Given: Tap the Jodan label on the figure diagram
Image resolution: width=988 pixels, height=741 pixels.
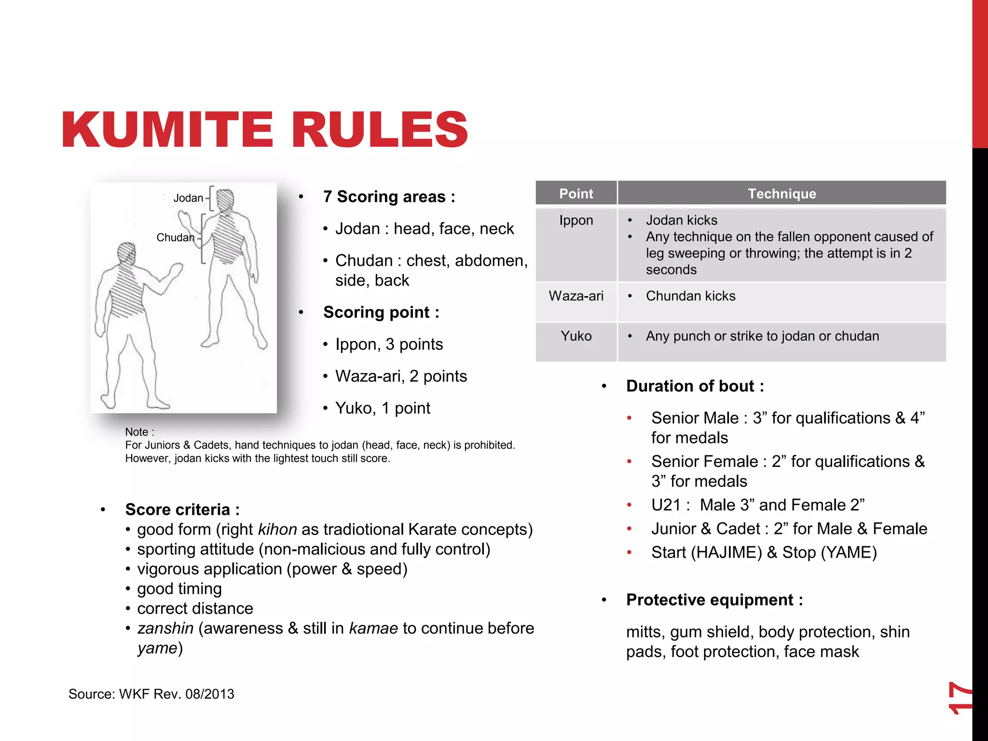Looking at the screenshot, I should (x=188, y=198).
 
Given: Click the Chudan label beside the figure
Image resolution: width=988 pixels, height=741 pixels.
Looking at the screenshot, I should (x=175, y=237).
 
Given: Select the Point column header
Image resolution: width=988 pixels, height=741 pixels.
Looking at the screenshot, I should (x=576, y=193).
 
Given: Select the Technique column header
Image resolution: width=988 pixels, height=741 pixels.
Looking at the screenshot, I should (x=782, y=193).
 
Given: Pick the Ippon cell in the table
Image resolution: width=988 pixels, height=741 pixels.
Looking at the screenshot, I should (x=576, y=220).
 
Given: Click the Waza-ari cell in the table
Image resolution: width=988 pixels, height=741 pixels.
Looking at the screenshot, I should (x=576, y=296).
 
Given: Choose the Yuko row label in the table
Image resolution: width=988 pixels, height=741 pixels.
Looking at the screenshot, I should (x=576, y=336).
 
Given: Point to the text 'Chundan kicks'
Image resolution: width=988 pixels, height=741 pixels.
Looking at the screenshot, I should (x=690, y=296).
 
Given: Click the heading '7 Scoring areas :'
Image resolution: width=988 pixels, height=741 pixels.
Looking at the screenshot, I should (x=389, y=197).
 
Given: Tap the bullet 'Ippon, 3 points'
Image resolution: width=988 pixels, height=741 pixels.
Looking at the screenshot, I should (x=389, y=344).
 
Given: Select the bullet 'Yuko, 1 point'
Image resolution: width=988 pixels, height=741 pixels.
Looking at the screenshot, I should (x=383, y=408).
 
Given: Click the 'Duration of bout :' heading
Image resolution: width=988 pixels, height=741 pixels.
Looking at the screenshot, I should (x=695, y=386).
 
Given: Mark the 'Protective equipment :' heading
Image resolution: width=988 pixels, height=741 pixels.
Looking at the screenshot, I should (x=714, y=600).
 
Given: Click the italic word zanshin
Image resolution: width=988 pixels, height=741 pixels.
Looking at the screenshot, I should (x=165, y=628).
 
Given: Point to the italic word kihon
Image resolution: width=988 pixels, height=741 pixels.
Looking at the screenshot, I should (x=277, y=530).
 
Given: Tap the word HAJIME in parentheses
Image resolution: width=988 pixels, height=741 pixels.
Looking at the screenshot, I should (x=727, y=552).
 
